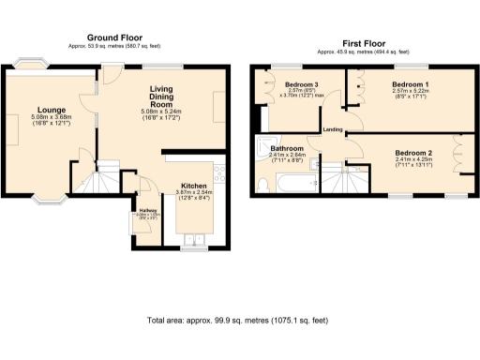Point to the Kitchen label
click(193, 185)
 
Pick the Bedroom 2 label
click(412, 152)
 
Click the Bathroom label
click(287, 148)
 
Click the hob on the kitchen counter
click(219, 173)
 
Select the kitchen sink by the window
click(194, 238)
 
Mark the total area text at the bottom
click(238, 322)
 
